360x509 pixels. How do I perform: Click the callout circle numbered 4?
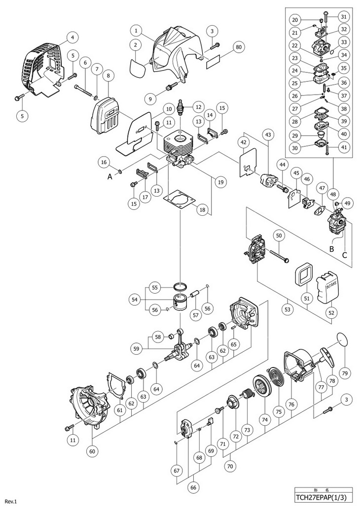pos(72,37)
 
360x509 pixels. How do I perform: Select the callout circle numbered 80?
pos(239,47)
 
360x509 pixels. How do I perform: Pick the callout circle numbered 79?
pos(345,373)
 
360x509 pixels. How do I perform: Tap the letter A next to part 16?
pos(110,176)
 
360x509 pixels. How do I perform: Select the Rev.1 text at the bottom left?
pos(10,502)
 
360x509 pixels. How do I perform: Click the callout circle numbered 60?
pos(93,451)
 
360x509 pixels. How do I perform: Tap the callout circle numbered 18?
pos(202,210)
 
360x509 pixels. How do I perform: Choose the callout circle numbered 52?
pos(331,313)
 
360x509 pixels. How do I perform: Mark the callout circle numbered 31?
pos(344,16)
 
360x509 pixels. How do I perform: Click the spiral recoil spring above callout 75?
pos(278,378)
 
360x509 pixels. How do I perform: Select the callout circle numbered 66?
pos(194,487)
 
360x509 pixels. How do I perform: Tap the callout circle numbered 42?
pos(243,142)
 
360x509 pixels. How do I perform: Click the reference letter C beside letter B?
pos(344,255)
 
